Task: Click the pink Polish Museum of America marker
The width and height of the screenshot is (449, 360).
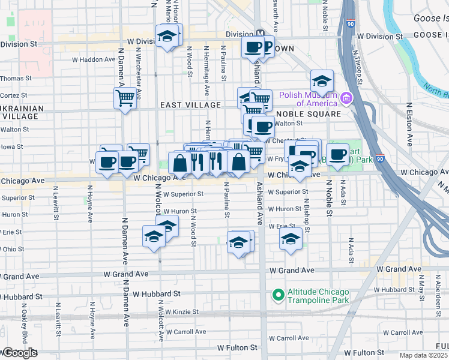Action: [x=346, y=97]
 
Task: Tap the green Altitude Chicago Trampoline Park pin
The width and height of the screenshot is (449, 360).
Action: [x=278, y=295]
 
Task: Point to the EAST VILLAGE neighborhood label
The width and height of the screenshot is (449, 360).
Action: [x=191, y=105]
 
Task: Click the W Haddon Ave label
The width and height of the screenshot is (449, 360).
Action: [x=94, y=59]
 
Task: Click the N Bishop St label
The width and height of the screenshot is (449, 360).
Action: [x=307, y=217]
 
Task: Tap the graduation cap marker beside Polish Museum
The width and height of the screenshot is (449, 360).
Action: [x=322, y=81]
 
